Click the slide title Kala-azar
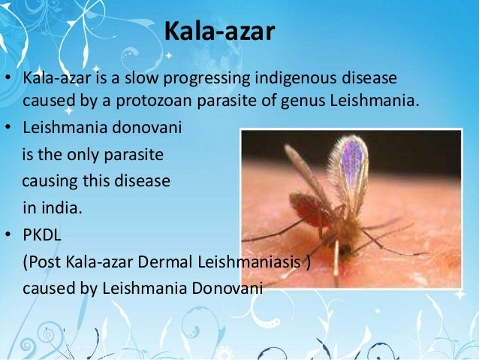click(218, 33)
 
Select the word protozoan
click(210, 100)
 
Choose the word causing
click(49, 182)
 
